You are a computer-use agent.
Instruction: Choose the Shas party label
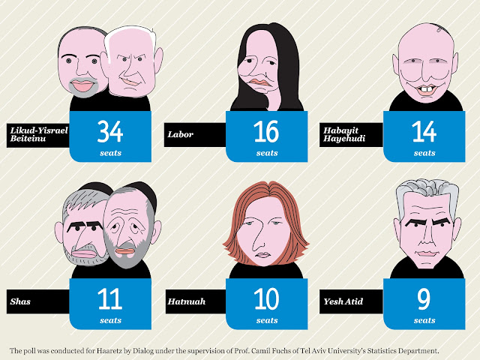tap(20, 301)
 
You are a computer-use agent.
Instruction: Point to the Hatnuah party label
tap(187, 301)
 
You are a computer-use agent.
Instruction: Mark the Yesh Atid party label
tap(343, 301)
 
